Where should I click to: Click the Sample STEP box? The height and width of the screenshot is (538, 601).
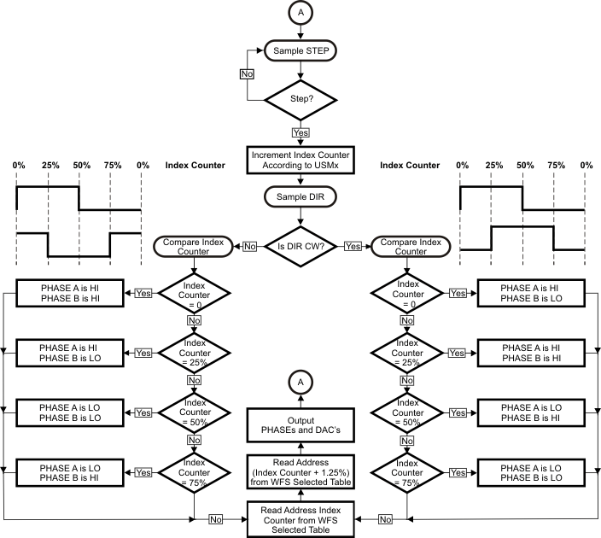pos(300,50)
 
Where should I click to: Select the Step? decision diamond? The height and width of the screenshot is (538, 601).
pos(300,100)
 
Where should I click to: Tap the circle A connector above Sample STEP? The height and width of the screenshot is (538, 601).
pos(300,14)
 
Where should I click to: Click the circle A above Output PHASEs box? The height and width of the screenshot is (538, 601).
pos(300,380)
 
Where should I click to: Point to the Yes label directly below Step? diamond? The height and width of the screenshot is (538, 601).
pos(300,132)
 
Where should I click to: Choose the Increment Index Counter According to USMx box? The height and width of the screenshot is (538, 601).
pos(300,158)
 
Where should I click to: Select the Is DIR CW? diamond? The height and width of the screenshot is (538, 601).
pos(300,245)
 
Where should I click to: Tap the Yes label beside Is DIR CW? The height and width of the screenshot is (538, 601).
pos(351,245)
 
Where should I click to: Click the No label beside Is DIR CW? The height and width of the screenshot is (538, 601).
pos(248,245)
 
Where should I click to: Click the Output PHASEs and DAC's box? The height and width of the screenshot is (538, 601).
pos(300,424)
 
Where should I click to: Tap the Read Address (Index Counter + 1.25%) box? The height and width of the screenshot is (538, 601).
pos(300,473)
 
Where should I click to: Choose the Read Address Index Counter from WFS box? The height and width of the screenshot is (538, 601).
pos(300,518)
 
